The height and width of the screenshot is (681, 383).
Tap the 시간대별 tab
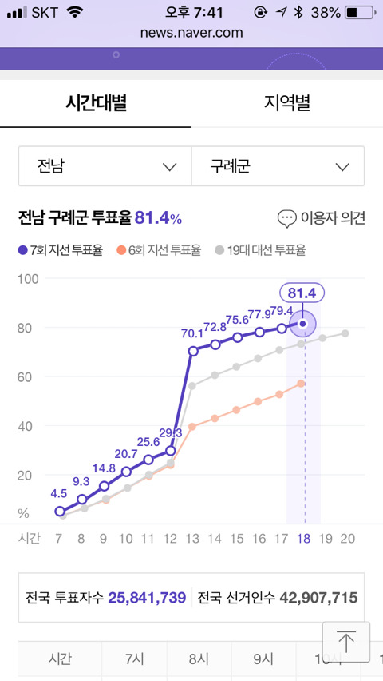96,103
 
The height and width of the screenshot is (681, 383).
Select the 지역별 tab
287,103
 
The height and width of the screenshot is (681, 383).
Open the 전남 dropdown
105,166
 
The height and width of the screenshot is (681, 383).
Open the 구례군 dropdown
278,166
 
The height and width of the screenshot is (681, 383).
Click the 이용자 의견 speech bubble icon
287,219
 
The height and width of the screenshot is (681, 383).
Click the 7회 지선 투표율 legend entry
61,251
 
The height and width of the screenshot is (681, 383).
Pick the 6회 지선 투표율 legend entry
159,251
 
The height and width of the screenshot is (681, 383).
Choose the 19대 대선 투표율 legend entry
261,251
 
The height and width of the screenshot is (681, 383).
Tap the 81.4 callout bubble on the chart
302,293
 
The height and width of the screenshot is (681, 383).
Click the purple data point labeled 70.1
193,351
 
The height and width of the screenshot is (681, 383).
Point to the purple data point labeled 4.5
60,512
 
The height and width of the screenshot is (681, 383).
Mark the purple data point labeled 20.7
126,472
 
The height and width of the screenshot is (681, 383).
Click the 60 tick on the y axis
26,377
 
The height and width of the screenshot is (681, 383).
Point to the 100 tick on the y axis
28,278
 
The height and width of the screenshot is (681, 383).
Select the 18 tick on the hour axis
304,539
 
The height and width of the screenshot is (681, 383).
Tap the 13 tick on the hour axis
192,539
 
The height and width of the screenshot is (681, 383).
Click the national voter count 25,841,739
147,598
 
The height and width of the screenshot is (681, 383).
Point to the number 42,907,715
319,598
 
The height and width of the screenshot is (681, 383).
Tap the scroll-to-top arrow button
346,642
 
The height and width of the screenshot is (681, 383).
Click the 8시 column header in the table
199,659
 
